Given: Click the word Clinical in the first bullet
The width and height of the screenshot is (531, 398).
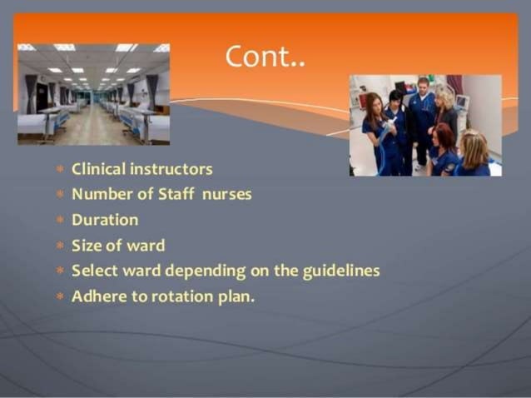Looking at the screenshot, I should pyautogui.click(x=97, y=169).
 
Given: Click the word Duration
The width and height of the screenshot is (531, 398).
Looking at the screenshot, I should pyautogui.click(x=105, y=220).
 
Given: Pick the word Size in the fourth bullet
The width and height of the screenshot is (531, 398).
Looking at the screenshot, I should pyautogui.click(x=87, y=246).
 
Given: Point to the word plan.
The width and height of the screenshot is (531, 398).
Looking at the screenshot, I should pyautogui.click(x=236, y=296).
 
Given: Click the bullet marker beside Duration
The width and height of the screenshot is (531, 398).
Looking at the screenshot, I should pyautogui.click(x=60, y=221).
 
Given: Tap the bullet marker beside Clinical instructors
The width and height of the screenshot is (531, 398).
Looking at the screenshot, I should pyautogui.click(x=60, y=170).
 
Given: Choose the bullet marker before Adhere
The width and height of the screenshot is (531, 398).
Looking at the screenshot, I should pyautogui.click(x=60, y=296).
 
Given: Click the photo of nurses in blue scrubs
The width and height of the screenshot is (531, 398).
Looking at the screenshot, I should pyautogui.click(x=425, y=125).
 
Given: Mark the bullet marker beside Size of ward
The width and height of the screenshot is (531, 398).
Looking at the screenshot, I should pyautogui.click(x=60, y=246).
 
